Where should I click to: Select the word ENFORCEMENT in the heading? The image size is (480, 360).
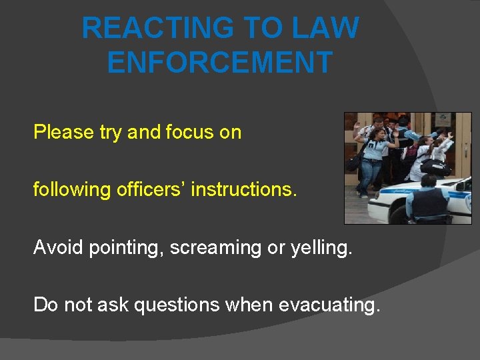click(x=219, y=62)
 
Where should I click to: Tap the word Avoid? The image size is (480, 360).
click(x=55, y=247)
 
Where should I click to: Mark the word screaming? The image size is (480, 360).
click(x=211, y=248)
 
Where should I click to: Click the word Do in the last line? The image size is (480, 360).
click(x=45, y=305)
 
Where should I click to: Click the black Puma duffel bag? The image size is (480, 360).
click(x=434, y=167)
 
